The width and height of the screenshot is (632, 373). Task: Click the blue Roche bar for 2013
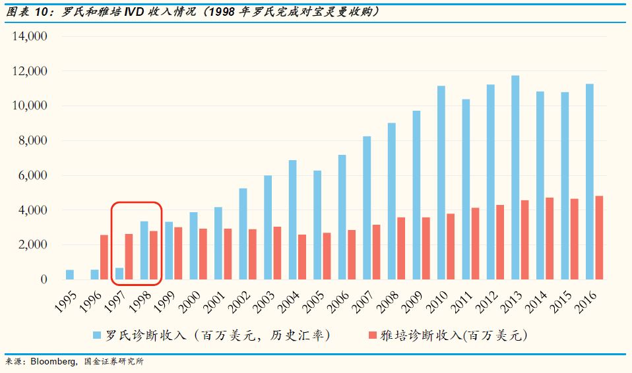coord(515,177)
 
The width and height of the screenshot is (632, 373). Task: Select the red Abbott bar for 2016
coord(599,237)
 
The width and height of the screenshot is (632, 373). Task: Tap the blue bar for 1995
coord(70,274)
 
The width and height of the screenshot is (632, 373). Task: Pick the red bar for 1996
coord(104,257)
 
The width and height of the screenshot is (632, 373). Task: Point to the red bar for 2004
coord(302,256)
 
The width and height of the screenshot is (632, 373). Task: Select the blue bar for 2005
coord(317,225)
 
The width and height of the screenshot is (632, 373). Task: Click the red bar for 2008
coord(401,248)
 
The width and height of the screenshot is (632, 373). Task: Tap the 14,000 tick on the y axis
coord(29,36)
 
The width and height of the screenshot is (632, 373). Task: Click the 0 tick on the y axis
coord(44,279)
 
